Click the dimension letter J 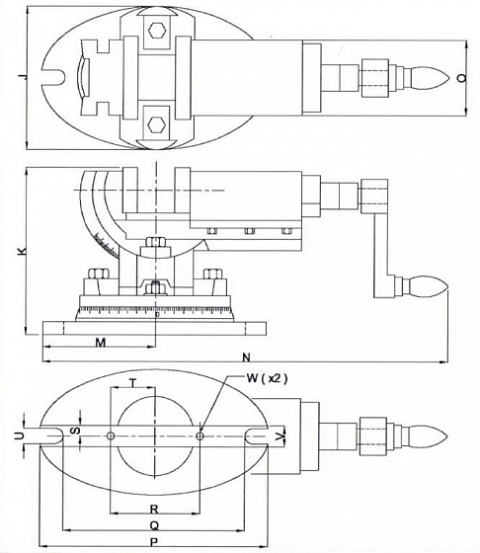(x=23, y=77)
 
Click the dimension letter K (x=22, y=251)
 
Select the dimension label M (x=101, y=342)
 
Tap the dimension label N (x=247, y=357)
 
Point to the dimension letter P (x=154, y=542)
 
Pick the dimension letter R (x=154, y=509)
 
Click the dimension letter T (x=132, y=383)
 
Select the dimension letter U (x=20, y=435)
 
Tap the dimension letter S (x=76, y=431)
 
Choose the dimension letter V (x=280, y=436)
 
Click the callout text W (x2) (x=267, y=378)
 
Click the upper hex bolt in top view (x=157, y=31)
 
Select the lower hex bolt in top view (x=157, y=124)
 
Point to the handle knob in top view (x=426, y=78)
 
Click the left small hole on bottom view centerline (x=111, y=436)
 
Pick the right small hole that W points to (x=200, y=436)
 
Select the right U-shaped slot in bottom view (x=257, y=436)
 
